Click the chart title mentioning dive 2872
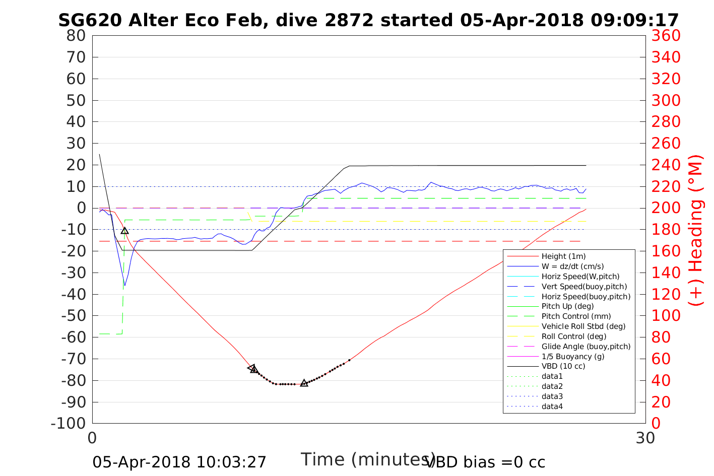[368, 20]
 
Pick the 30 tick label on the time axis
[645, 438]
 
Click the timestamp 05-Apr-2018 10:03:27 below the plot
[179, 462]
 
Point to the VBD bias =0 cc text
[485, 462]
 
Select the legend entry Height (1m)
[563, 256]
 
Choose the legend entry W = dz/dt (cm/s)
[572, 266]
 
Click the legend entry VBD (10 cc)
[563, 366]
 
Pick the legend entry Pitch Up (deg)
[567, 306]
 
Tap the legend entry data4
[552, 406]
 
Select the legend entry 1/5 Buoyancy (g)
[573, 356]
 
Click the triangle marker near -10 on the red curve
[125, 231]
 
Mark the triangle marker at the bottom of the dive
[304, 383]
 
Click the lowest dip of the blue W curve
[124, 286]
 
